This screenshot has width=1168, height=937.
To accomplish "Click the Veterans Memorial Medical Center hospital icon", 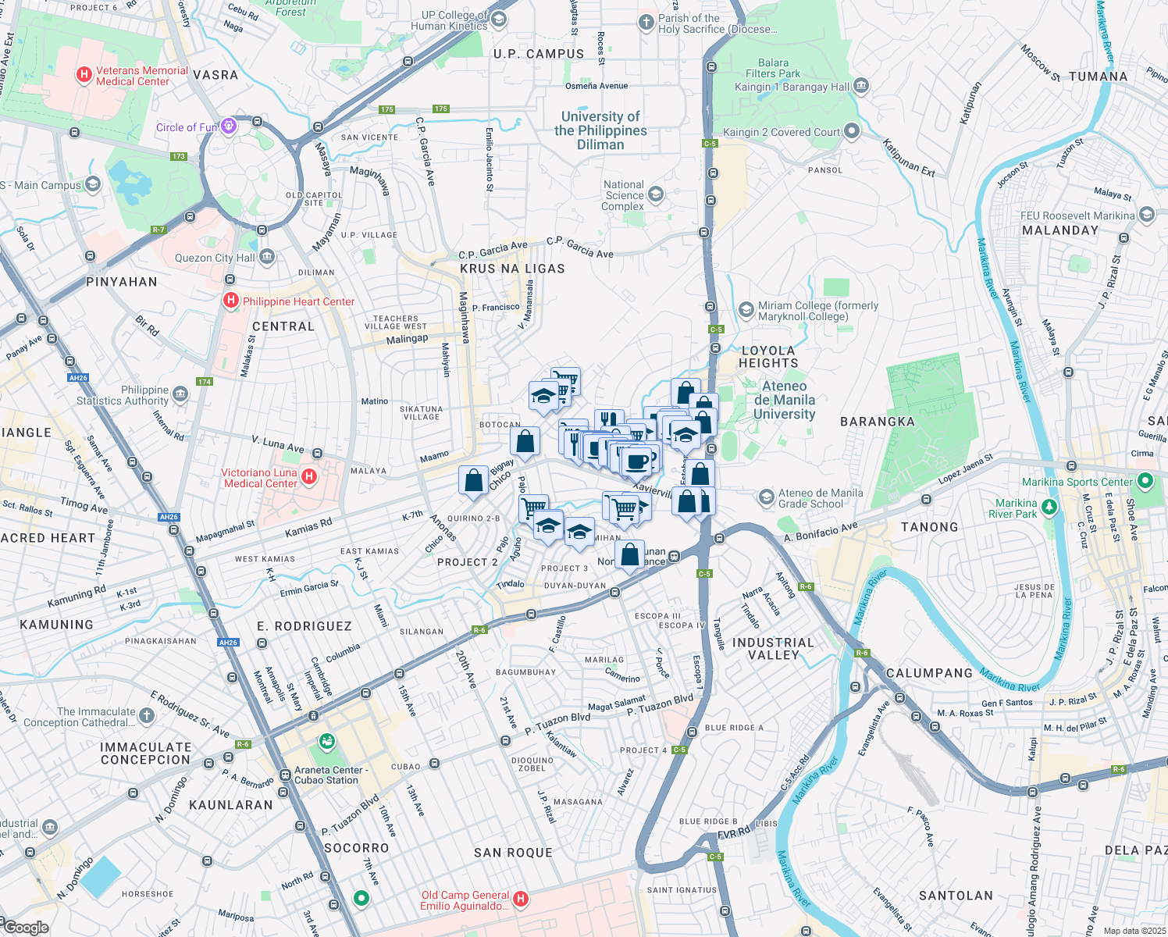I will [84, 76].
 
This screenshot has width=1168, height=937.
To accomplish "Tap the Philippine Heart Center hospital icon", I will [231, 301].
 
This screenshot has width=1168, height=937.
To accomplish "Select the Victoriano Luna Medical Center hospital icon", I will [309, 476].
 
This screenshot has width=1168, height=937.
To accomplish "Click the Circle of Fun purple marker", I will [228, 126].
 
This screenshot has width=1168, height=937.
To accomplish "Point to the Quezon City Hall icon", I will [266, 257].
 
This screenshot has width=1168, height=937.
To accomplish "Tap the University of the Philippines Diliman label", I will [600, 130].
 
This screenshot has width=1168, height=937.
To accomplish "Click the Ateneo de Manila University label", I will [784, 400].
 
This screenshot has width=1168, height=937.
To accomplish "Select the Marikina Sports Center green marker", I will [1145, 481].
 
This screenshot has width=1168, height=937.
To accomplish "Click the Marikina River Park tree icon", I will [1049, 508].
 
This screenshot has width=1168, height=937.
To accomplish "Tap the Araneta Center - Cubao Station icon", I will [328, 740].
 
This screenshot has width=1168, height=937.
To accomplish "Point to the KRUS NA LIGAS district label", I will [512, 269].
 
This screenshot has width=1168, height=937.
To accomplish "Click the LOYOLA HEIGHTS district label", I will [769, 357].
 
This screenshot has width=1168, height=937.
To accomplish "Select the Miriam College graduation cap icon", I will [746, 311].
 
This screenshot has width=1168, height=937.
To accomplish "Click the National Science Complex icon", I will [656, 194].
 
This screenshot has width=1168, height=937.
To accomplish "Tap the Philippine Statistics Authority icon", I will [180, 394].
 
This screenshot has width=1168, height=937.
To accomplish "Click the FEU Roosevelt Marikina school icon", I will [1146, 215].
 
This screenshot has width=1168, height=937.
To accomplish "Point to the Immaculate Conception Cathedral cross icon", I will [147, 716].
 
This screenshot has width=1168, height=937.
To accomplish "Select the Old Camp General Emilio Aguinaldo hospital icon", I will [520, 900].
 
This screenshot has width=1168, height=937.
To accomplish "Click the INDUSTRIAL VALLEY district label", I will [773, 649].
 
